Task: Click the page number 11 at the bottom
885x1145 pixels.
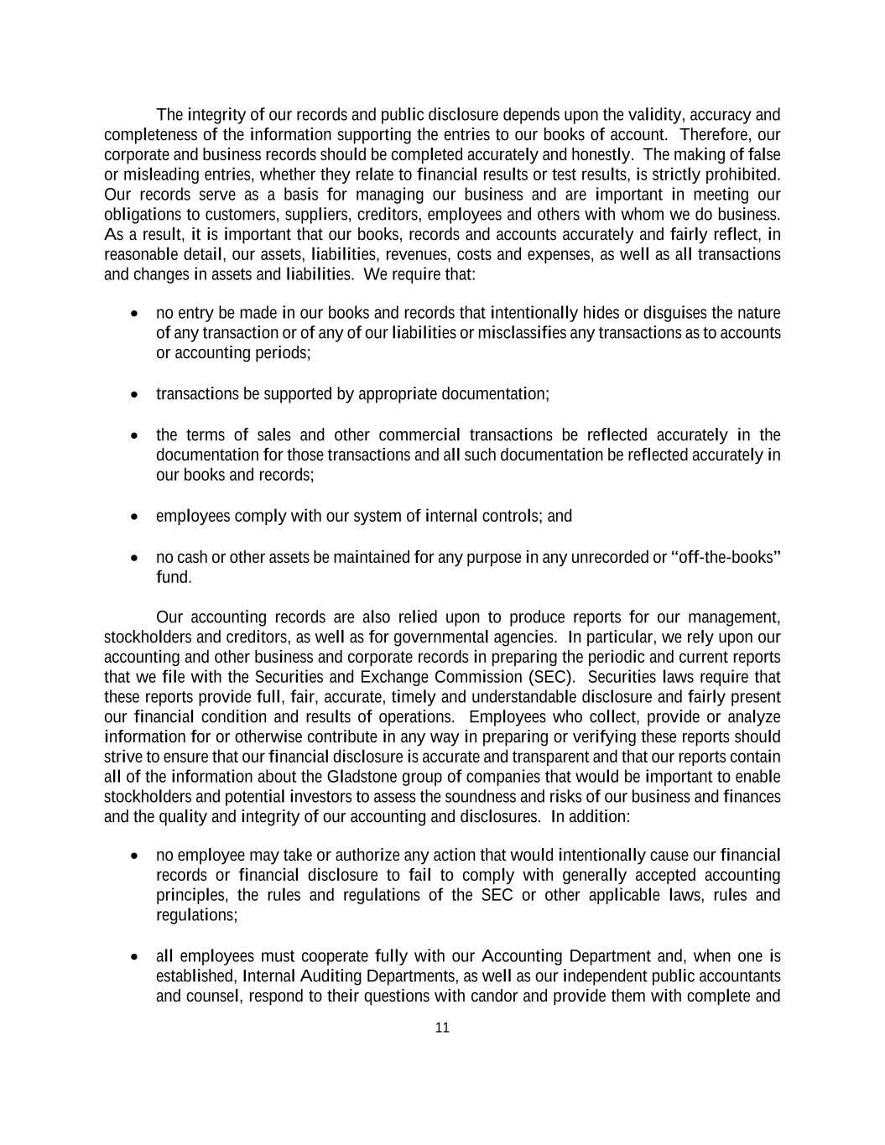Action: click(x=442, y=1028)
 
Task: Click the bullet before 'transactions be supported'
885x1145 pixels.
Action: click(x=135, y=394)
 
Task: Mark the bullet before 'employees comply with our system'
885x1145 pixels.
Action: click(x=135, y=517)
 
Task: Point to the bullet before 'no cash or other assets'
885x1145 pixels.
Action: click(x=135, y=558)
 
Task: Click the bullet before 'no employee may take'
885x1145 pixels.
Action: click(x=135, y=856)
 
